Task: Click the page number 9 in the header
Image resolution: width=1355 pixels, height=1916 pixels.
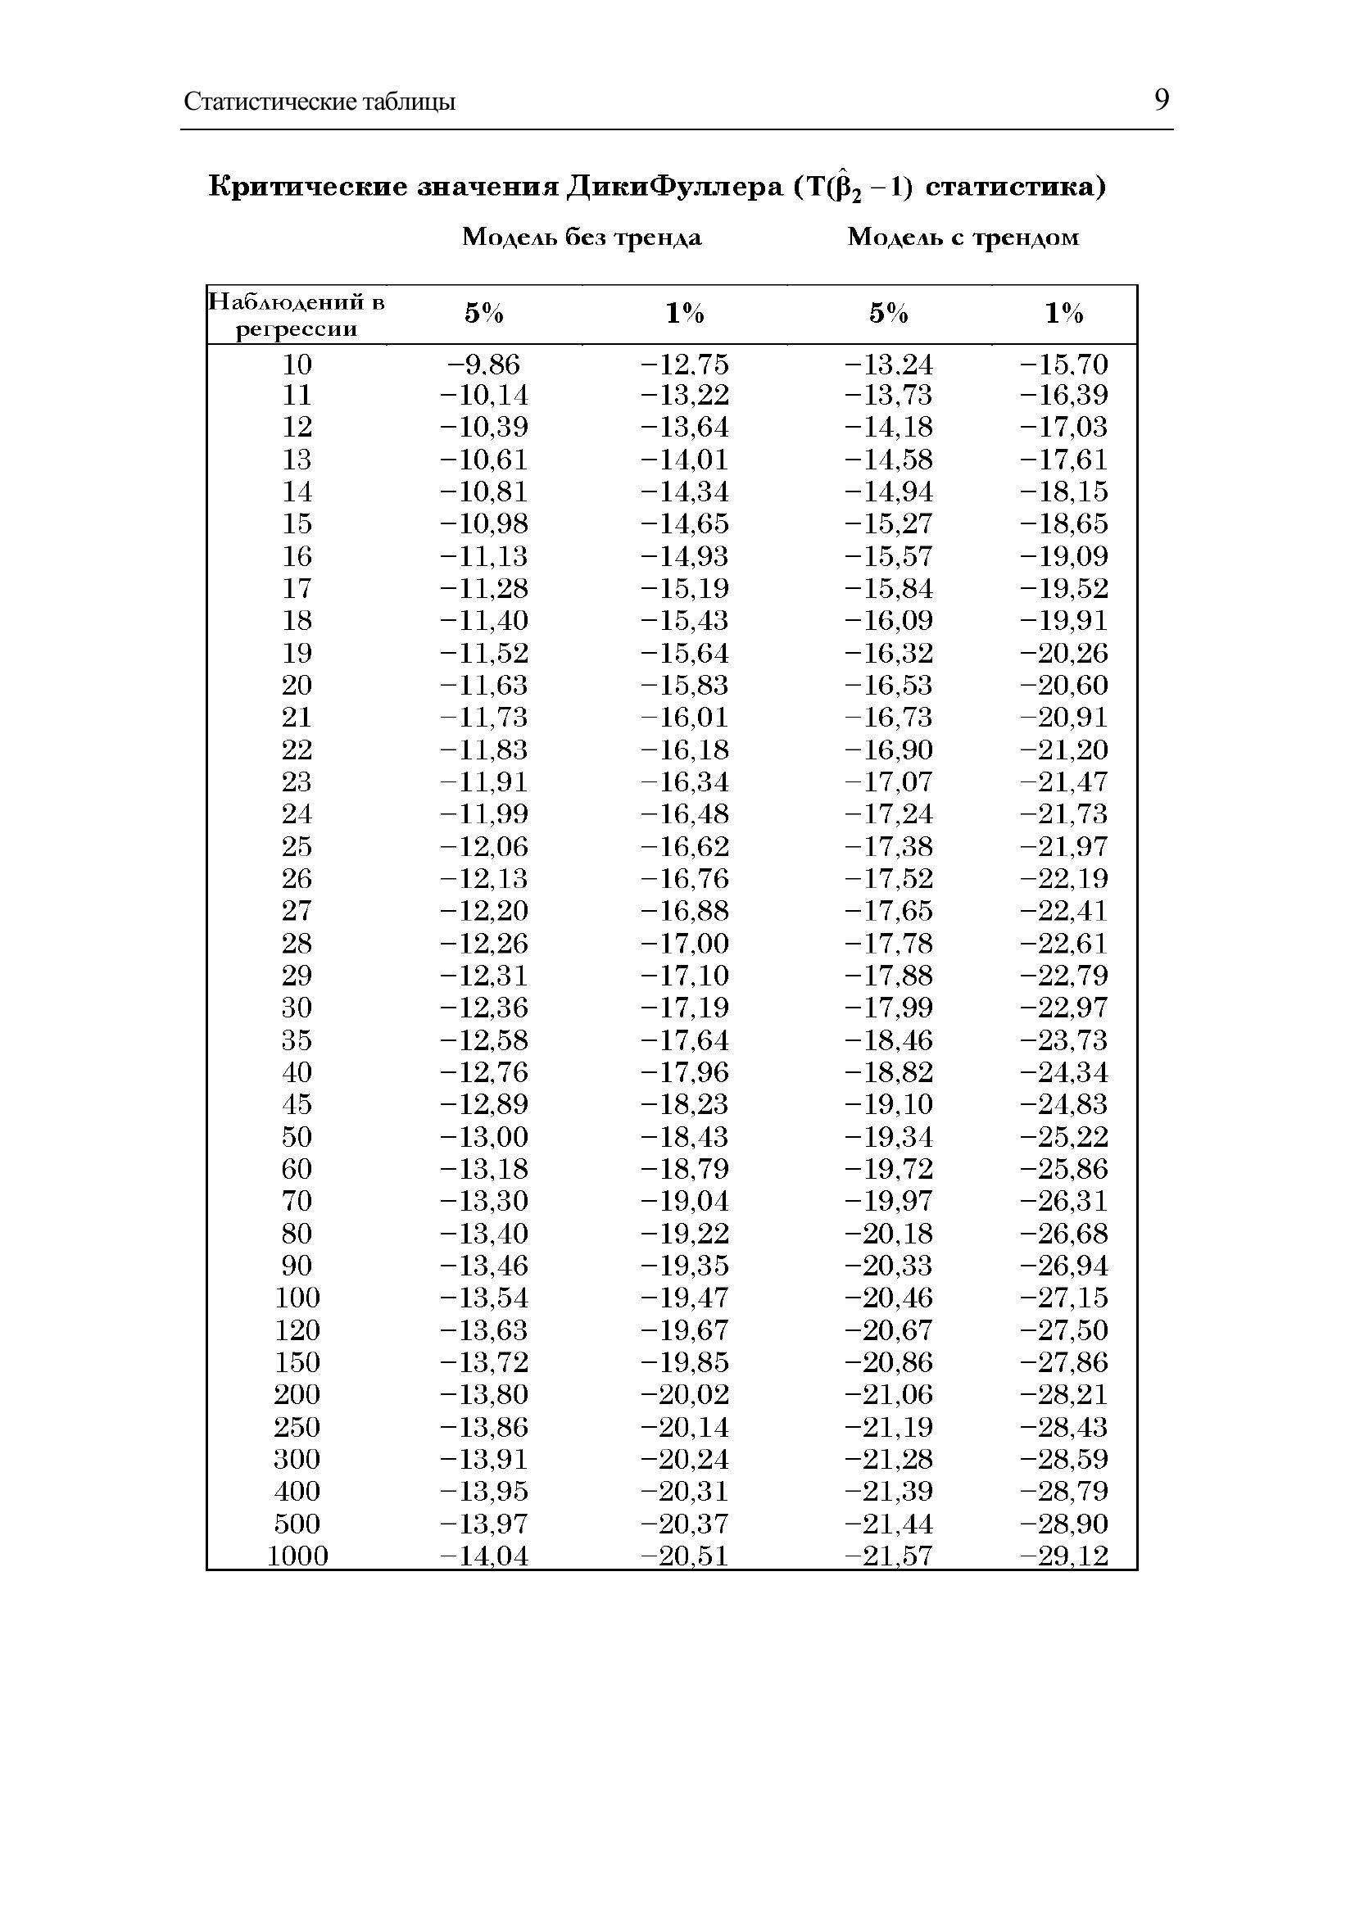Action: click(1162, 100)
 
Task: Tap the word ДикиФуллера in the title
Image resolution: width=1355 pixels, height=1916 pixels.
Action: click(674, 186)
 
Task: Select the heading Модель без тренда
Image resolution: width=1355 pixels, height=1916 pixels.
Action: click(582, 238)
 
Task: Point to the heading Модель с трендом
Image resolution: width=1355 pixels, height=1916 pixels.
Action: click(963, 238)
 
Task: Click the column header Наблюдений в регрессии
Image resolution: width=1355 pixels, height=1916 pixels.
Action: click(297, 315)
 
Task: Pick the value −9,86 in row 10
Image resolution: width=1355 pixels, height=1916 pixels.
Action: click(483, 364)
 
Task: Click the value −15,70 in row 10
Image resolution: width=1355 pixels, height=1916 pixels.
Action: click(1063, 364)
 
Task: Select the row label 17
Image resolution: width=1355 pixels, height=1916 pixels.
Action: click(297, 588)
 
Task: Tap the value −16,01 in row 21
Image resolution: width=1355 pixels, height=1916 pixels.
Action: click(684, 717)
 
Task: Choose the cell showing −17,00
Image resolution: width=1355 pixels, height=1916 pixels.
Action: click(684, 943)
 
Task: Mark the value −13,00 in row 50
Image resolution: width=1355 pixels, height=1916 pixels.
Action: click(483, 1137)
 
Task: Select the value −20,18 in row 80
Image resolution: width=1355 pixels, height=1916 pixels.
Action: click(888, 1234)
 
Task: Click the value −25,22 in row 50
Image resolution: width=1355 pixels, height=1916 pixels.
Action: click(1063, 1137)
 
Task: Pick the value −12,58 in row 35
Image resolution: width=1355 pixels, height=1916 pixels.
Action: click(483, 1040)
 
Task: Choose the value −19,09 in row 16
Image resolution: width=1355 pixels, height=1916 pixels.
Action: click(1063, 555)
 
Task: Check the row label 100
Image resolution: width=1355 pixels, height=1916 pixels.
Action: click(297, 1298)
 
